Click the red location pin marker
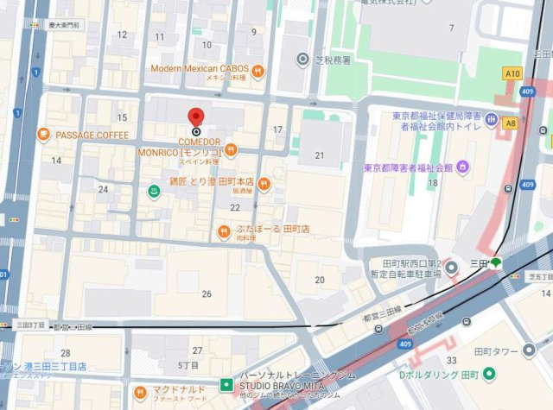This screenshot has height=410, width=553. point(195,118)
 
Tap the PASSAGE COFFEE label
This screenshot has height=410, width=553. point(92,136)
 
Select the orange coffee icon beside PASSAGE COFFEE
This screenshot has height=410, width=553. point(44,135)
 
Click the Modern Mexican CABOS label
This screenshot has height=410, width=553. point(200,68)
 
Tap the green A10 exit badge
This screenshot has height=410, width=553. point(513,74)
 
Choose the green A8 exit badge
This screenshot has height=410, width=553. point(511,123)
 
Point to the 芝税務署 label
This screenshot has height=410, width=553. point(333,60)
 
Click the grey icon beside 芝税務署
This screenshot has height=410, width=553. point(302,60)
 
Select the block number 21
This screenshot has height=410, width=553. point(319,155)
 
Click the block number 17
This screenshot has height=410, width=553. point(277,130)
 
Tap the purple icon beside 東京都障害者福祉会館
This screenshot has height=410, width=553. point(463,166)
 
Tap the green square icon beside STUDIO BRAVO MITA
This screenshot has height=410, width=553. point(225,383)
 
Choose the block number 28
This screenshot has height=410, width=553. point(66,353)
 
